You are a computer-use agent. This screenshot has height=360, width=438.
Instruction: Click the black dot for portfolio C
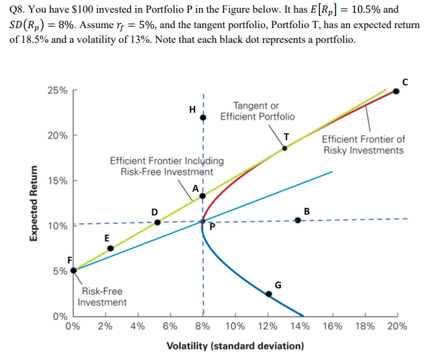tap(396, 91)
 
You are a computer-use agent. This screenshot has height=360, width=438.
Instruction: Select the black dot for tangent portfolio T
tap(284, 147)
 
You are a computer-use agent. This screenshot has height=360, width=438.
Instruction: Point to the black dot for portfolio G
tap(269, 293)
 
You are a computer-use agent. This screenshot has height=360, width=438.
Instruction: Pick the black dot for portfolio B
tap(298, 221)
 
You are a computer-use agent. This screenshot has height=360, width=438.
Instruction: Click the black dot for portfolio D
tap(157, 222)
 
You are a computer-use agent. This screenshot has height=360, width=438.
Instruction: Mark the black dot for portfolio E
tap(111, 248)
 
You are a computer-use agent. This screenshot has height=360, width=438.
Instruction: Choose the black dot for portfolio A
tap(203, 196)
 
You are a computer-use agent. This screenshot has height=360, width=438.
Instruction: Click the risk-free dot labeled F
tap(73, 270)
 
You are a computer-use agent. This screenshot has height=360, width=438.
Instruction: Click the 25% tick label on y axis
tap(57, 91)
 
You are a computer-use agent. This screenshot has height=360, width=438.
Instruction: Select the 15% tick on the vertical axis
tap(57, 181)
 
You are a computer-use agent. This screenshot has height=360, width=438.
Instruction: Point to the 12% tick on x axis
tap(268, 327)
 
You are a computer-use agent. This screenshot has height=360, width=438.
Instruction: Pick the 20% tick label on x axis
tap(396, 327)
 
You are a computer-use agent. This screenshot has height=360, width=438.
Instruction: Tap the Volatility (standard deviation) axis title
tap(235, 346)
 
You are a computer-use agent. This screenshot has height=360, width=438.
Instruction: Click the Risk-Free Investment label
tap(102, 297)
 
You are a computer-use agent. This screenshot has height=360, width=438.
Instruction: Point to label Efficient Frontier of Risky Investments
tap(364, 145)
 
